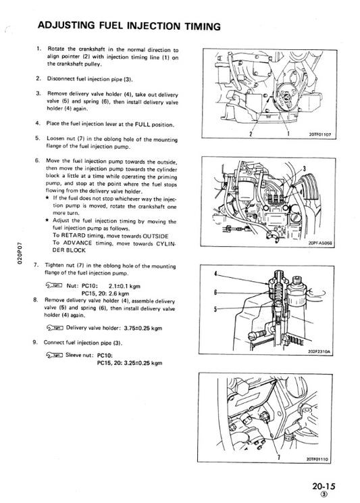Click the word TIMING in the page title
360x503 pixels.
[202, 26]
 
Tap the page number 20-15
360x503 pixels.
[324, 486]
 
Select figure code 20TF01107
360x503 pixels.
[320, 135]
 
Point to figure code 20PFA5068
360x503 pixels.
[321, 243]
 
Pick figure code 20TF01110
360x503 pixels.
[317, 459]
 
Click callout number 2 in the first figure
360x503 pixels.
[251, 134]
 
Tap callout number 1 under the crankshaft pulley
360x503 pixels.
[288, 133]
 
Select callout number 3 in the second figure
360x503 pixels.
[304, 169]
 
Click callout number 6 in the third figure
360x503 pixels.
[215, 292]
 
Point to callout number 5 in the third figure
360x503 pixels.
[215, 309]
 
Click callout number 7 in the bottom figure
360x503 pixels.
[279, 457]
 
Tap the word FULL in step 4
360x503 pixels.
[143, 124]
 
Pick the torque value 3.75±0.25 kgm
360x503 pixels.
[143, 328]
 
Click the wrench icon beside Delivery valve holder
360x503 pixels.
[55, 327]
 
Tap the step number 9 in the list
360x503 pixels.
[34, 342]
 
